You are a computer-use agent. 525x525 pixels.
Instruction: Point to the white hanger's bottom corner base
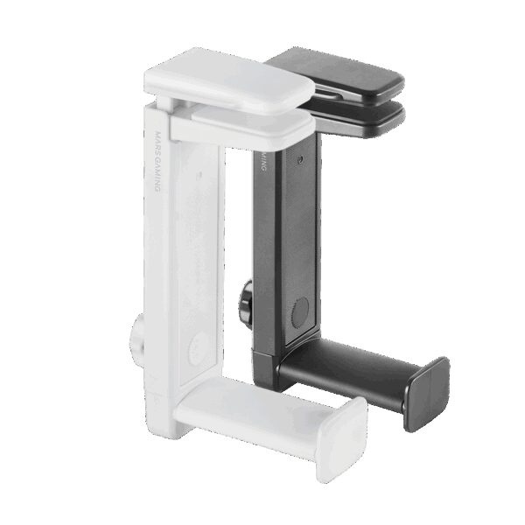162,411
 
